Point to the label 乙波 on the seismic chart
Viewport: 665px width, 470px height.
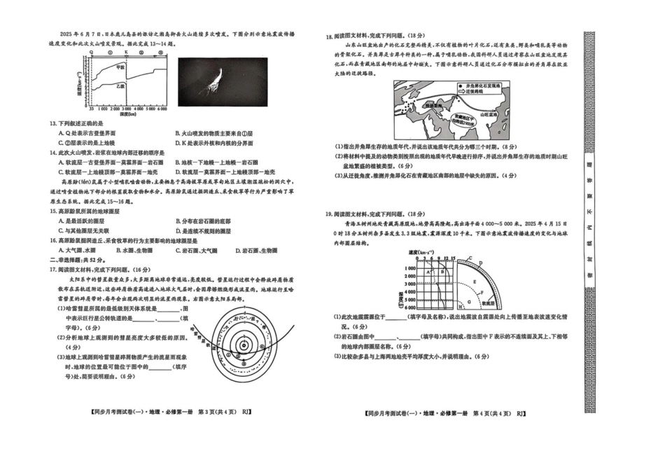point(120,86)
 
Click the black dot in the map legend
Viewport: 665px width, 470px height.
point(459,85)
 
